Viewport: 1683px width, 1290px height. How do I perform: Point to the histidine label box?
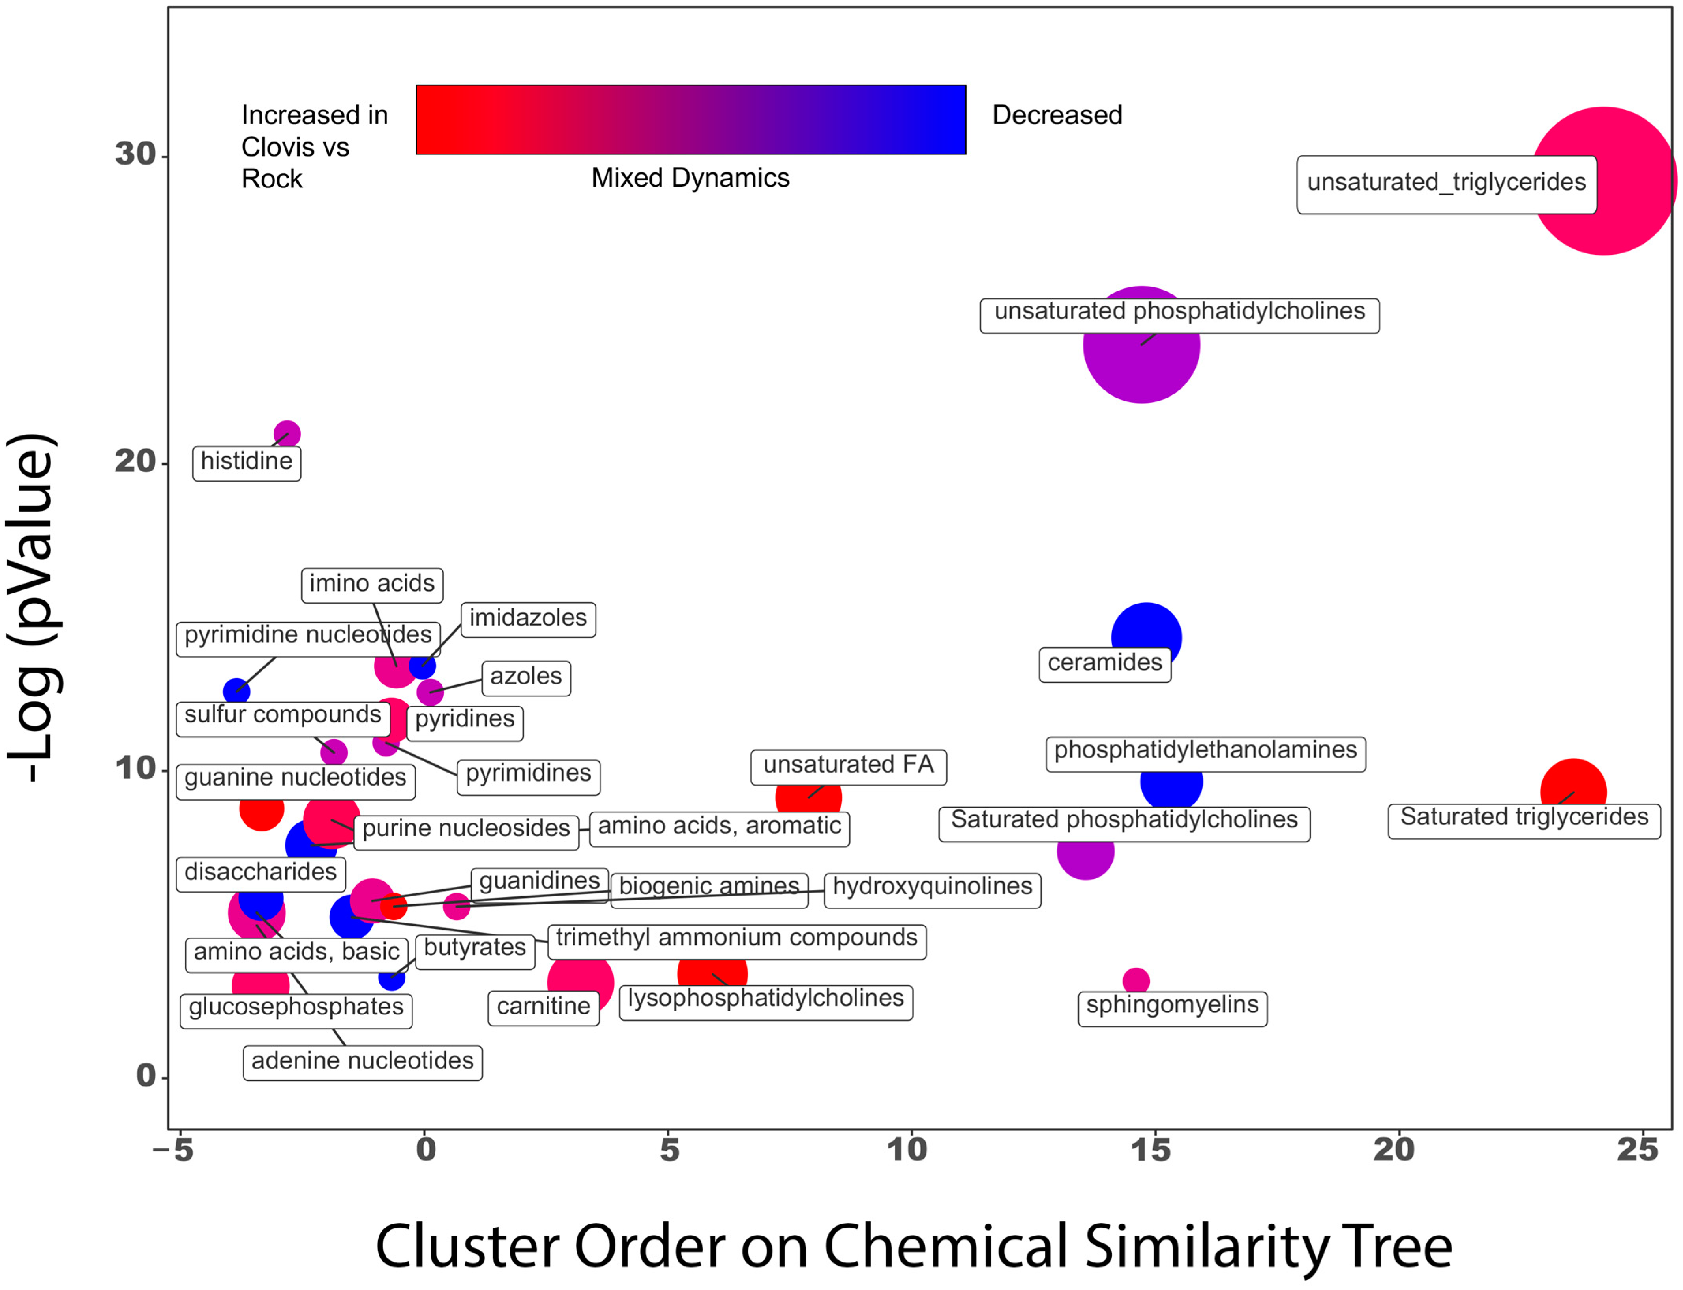pos(246,462)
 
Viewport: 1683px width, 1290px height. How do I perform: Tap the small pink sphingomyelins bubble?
pos(1136,981)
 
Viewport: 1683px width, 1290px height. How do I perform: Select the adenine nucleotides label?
pos(362,1062)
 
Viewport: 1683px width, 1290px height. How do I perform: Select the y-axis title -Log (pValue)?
pos(32,607)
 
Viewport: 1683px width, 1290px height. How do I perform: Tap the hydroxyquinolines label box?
pos(932,888)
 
